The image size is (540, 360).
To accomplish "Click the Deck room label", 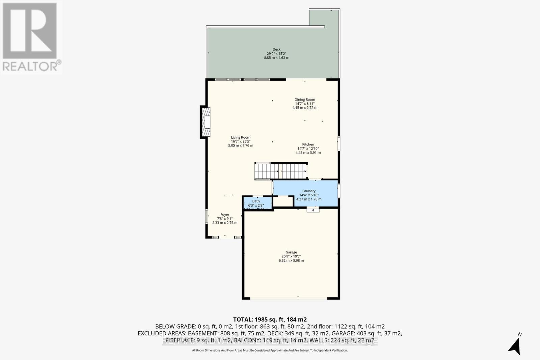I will tap(276, 49).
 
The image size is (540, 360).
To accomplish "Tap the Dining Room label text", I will tap(305, 100).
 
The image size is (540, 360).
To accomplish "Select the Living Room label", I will tap(241, 137).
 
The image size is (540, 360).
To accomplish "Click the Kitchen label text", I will tap(308, 144).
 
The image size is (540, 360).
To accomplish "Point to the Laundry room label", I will tap(309, 191).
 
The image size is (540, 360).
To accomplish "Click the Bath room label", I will tap(256, 201).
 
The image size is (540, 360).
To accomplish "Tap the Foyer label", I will tap(225, 215).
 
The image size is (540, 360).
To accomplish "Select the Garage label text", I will tap(291, 252).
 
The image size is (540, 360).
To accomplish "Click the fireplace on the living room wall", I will tap(206, 122).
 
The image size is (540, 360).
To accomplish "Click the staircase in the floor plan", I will tap(281, 171).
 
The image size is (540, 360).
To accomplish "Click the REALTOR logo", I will tap(31, 37).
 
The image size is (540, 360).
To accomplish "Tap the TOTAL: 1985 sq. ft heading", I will tap(270, 319).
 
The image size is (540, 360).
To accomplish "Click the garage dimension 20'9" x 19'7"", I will tap(291, 256).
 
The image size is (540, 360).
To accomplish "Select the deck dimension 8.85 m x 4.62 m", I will tap(276, 58).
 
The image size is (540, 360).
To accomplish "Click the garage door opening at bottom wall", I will tap(289, 298).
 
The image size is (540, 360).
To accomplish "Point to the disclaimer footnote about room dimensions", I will tap(270, 351).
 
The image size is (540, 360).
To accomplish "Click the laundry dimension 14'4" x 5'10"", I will tap(309, 195).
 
